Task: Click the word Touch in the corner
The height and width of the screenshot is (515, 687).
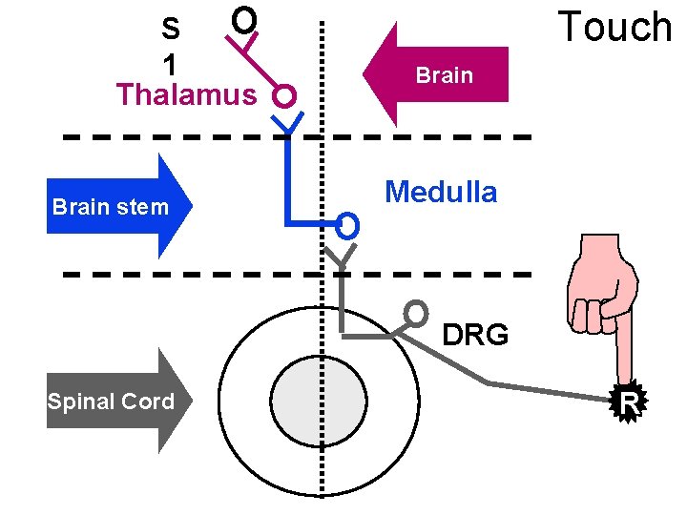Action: [615, 27]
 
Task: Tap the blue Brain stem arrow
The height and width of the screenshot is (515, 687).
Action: [119, 206]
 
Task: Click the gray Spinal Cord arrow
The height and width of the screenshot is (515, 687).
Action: [119, 401]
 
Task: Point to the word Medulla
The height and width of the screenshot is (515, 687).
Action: [441, 193]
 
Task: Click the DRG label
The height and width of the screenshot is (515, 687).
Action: [476, 335]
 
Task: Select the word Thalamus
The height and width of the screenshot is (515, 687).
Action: [186, 95]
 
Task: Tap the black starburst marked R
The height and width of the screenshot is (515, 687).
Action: [629, 404]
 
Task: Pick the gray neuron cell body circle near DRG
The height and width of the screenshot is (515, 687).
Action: [416, 312]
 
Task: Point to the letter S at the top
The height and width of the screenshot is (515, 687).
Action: [171, 27]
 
